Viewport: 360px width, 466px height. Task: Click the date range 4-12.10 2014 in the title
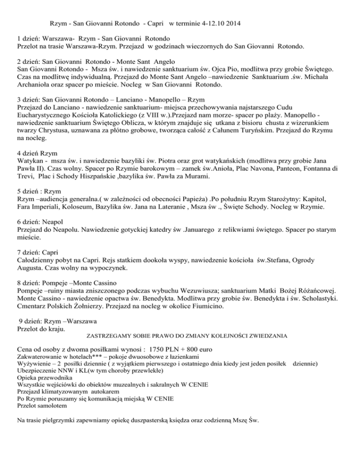pos(216,23)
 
